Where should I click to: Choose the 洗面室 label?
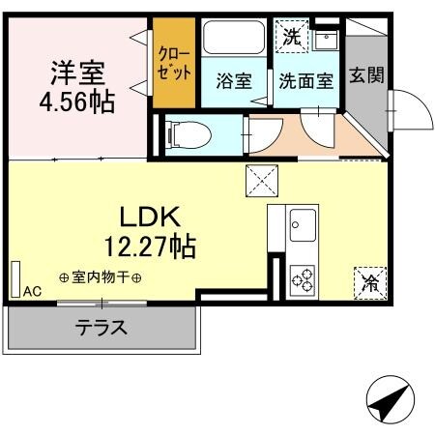(x=306, y=81)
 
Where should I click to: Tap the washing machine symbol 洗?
(x=291, y=38)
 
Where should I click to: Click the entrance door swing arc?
(x=411, y=108)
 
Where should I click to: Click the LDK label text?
(x=151, y=214)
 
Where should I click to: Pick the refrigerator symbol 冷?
(x=370, y=281)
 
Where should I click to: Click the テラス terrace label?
(x=101, y=327)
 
